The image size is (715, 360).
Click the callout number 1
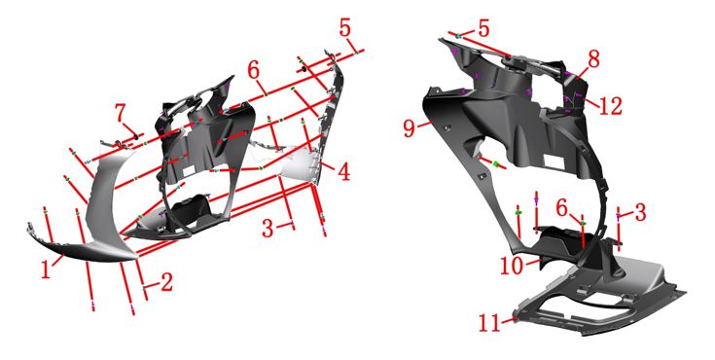pyautogui.click(x=46, y=270)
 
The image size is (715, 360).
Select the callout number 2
pyautogui.click(x=167, y=283)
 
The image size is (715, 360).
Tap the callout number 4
pyautogui.click(x=343, y=172)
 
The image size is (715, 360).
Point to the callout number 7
pyautogui.click(x=120, y=113)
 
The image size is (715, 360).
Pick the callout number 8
pyautogui.click(x=593, y=59)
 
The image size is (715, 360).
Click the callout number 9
pyautogui.click(x=410, y=128)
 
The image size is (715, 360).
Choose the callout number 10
pyautogui.click(x=511, y=266)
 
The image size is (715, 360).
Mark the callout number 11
pyautogui.click(x=489, y=323)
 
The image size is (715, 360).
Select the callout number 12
pyautogui.click(x=610, y=106)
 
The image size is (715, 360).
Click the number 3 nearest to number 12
pyautogui.click(x=640, y=213)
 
